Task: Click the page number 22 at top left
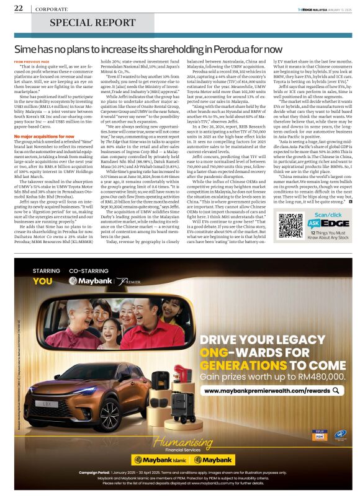click(x=19, y=8)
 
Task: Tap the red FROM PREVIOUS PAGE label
click(x=32, y=62)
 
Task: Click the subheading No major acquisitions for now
click(x=44, y=117)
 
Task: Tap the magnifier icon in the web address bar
click(x=337, y=391)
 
